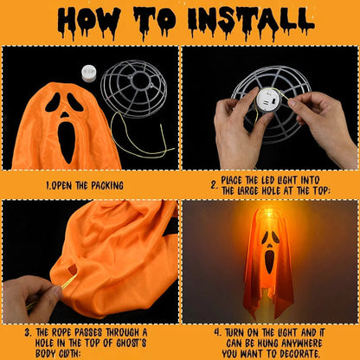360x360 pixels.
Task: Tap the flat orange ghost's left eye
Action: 54,103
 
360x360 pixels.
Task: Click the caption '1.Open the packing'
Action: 85,184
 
